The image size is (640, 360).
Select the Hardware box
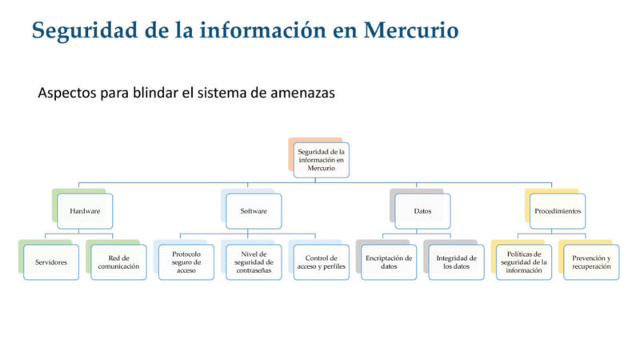pos(85,211)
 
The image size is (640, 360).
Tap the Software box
pos(254,211)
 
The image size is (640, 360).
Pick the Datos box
pos(422,211)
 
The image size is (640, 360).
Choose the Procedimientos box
pos(558,211)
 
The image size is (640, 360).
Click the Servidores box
pos(51,262)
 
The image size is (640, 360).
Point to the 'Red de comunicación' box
pos(118,262)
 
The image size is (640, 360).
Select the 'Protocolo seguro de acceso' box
pos(186,262)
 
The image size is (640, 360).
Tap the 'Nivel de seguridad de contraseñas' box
pos(254,262)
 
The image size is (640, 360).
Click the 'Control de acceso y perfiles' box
pos(322,262)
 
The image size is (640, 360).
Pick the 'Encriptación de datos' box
pos(389,262)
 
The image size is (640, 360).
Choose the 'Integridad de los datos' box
pos(457,262)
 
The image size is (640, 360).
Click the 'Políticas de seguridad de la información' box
pos(524,262)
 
